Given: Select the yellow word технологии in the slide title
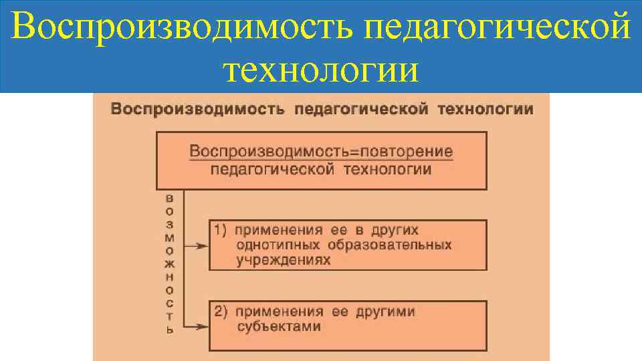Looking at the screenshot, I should click(321, 69).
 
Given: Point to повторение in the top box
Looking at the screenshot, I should click(409, 151).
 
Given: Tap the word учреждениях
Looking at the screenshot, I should click(284, 260).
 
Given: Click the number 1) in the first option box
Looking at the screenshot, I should click(221, 230).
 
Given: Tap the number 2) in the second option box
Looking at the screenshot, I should click(221, 312).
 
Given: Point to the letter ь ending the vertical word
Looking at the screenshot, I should click(169, 329).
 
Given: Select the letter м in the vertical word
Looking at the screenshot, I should click(169, 237).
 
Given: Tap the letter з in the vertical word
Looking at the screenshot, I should click(169, 225).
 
